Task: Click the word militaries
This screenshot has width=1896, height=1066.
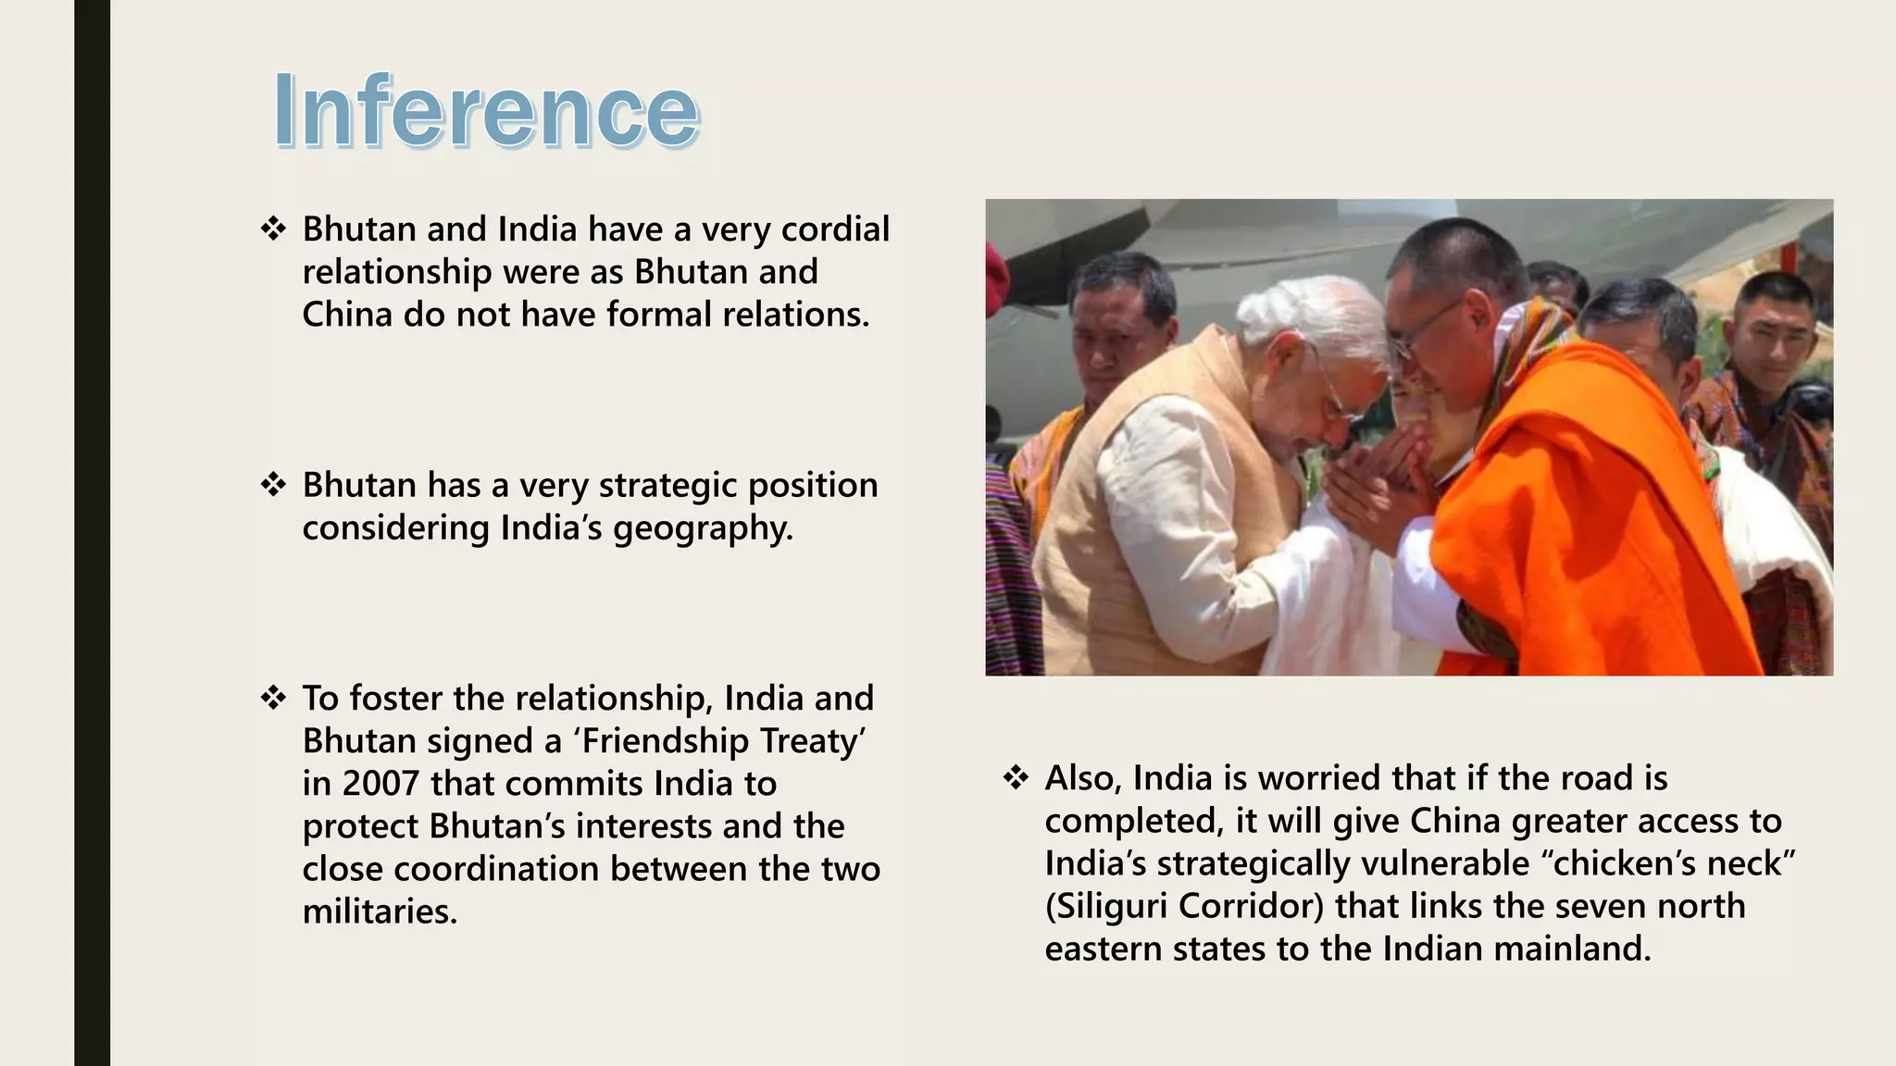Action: [x=380, y=911]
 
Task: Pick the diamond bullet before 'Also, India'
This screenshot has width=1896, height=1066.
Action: [x=1016, y=778]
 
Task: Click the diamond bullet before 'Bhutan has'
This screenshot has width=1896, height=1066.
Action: [x=273, y=485]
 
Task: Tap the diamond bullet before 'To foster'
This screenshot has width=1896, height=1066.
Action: [x=273, y=698]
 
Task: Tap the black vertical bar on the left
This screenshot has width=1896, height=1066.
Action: [x=92, y=533]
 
